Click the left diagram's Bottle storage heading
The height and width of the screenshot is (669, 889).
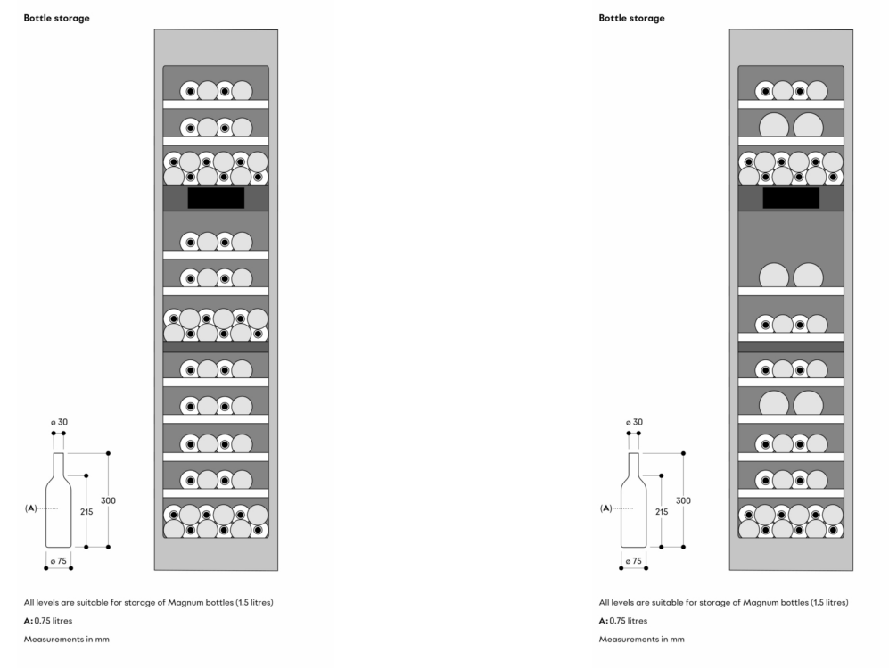[x=56, y=18]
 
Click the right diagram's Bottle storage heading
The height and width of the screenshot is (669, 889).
[x=631, y=18]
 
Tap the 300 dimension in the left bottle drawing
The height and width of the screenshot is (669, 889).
[x=108, y=500]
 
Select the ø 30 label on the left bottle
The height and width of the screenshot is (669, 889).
[x=59, y=421]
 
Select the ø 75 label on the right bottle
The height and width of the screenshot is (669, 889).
[x=633, y=560]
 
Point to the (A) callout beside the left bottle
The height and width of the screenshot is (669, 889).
[x=31, y=508]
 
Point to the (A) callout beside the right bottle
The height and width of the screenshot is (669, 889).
[x=606, y=508]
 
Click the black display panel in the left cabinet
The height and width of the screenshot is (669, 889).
[x=216, y=198]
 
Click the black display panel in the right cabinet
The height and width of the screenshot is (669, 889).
[x=791, y=198]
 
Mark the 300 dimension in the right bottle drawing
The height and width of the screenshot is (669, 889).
[x=683, y=500]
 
